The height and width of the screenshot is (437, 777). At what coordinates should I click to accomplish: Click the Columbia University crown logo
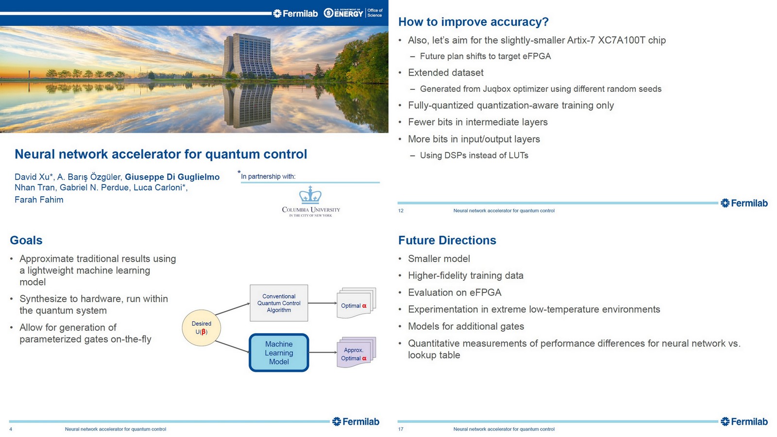[310, 195]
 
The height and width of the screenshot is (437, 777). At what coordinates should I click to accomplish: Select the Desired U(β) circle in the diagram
[202, 328]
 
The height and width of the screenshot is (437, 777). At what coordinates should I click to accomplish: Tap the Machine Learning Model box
[279, 353]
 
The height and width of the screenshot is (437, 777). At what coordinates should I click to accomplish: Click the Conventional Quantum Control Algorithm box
[279, 303]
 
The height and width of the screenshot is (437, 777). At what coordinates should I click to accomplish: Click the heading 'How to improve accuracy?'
[473, 22]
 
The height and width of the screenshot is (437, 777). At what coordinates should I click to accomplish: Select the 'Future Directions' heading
[447, 240]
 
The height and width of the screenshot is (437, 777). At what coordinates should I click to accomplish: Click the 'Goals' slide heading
[26, 240]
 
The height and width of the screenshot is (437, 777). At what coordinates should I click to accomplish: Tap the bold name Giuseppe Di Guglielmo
[172, 177]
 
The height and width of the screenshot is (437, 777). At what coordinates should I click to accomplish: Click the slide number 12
[401, 211]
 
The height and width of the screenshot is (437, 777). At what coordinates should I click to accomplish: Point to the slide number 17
[401, 429]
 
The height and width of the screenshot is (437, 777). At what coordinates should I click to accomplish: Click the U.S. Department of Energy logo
[343, 13]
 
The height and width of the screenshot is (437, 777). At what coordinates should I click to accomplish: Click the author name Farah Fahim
[39, 200]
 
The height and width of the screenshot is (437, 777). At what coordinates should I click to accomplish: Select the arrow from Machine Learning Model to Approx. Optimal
[322, 353]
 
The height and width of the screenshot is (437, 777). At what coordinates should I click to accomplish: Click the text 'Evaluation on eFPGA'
[455, 292]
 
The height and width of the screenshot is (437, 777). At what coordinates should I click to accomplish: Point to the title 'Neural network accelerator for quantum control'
[161, 154]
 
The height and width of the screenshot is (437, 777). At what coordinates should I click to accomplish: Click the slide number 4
[11, 429]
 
